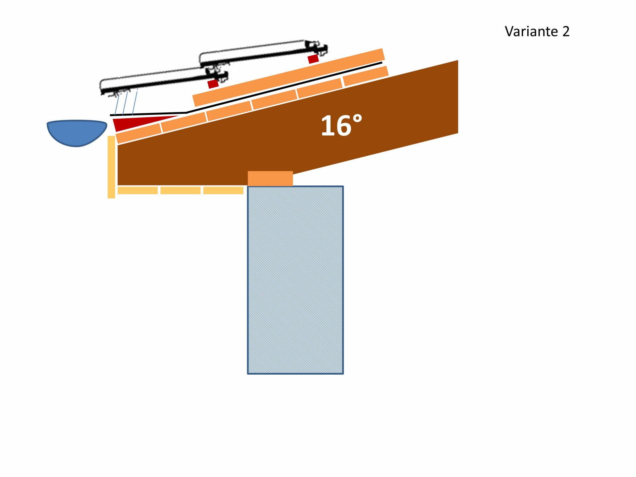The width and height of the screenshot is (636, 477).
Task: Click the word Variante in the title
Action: coord(531,31)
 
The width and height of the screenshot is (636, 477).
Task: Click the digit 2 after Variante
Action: coord(566,31)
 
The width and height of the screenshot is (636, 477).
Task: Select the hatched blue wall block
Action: coord(295,280)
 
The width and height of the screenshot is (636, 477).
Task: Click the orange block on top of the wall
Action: coord(270,179)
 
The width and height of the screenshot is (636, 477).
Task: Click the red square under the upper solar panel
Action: coord(313,59)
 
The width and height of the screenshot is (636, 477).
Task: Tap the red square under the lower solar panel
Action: coord(213,84)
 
